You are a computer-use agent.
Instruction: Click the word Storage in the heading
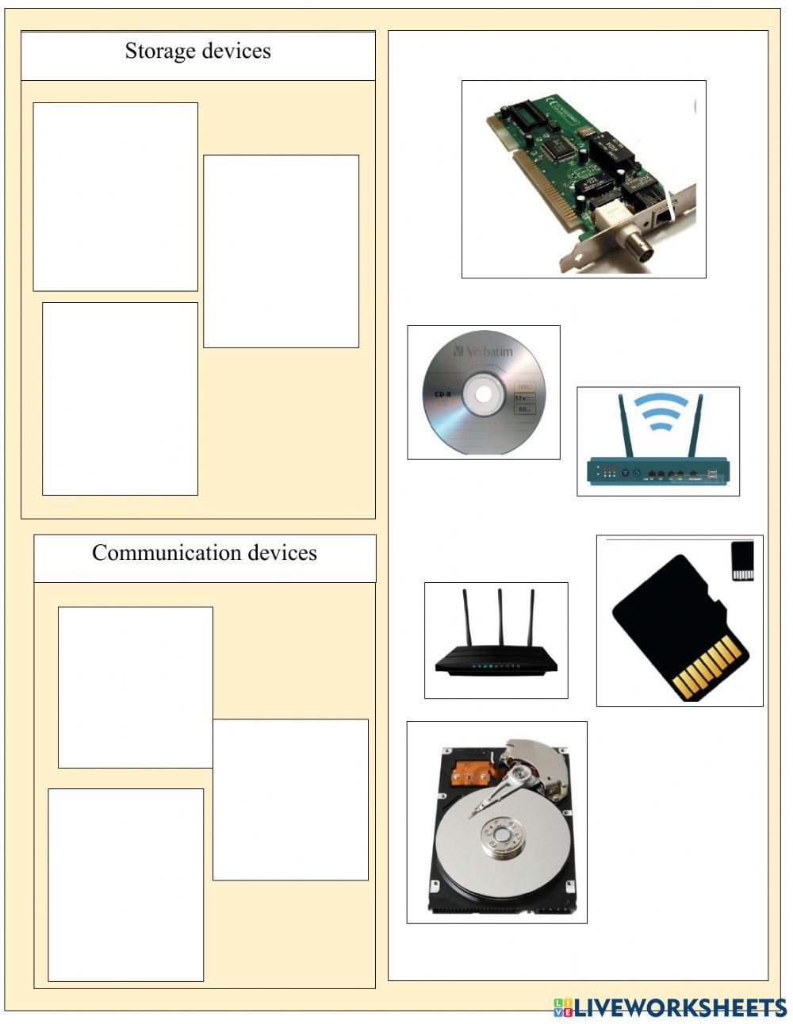[159, 52]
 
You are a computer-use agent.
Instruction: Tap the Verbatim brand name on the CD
[486, 351]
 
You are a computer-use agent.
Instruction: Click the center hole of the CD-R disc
[484, 391]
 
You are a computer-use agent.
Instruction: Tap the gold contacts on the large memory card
[710, 666]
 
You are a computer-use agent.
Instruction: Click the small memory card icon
[741, 562]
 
